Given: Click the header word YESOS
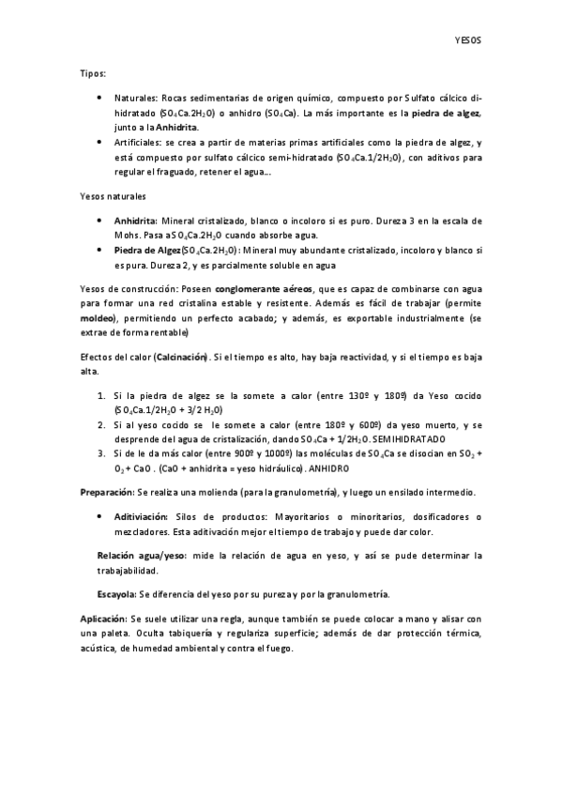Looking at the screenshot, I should [x=465, y=42].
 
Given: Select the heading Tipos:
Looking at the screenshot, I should [x=92, y=72].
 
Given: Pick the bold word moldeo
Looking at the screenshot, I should [x=98, y=319].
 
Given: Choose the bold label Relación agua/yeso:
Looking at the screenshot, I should [x=142, y=556].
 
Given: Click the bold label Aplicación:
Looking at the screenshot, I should [x=105, y=620].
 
